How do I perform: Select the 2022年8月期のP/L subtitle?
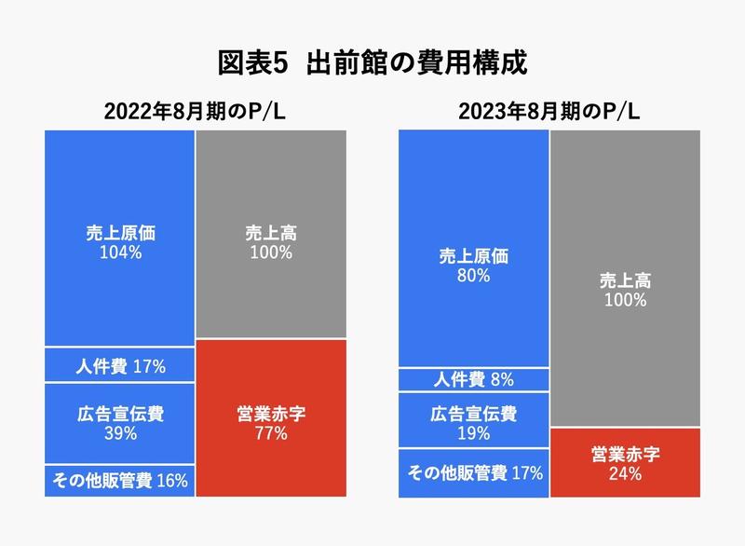coord(196,112)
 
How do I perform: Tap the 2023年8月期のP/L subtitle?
coord(549,112)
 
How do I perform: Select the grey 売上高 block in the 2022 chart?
coord(271,235)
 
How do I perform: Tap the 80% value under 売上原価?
coord(474,276)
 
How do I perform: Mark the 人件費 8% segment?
coord(474,379)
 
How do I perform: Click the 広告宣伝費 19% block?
coord(474,420)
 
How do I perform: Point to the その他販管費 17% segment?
coord(474,472)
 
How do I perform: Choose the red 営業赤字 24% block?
coord(625,462)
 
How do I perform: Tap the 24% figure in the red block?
coord(625,473)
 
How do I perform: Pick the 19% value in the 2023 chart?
coord(474,431)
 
